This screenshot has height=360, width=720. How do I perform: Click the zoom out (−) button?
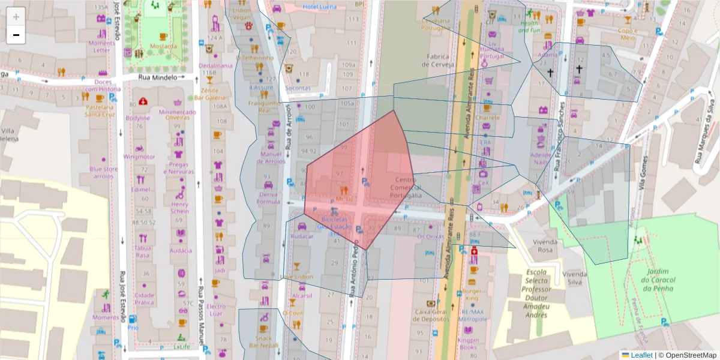tap(16, 35)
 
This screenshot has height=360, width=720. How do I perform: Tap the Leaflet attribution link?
tap(641, 355)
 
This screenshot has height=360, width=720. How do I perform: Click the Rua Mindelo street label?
tap(158, 77)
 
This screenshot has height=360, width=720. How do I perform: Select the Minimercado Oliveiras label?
tap(178, 115)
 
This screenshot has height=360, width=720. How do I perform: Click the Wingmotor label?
tap(139, 157)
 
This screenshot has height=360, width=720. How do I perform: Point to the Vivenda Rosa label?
tap(536, 245)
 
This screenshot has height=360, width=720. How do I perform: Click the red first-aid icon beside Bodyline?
tap(143, 102)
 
